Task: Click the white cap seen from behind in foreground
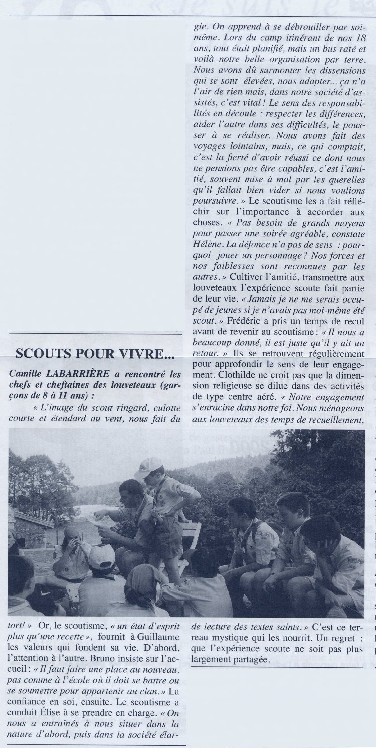pos(102,557)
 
